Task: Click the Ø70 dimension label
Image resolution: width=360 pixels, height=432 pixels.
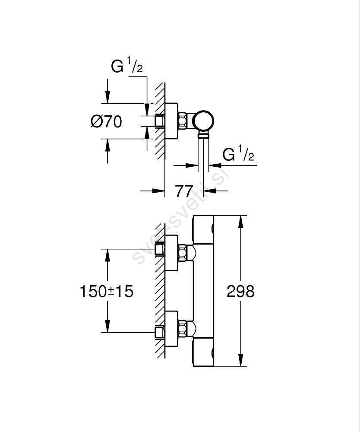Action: pos(107,122)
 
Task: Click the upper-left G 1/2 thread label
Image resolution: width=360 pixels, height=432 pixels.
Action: pos(127,67)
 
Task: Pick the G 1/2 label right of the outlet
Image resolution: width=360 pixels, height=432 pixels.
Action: pos(238,154)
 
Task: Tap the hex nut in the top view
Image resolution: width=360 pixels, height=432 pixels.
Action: pos(183,121)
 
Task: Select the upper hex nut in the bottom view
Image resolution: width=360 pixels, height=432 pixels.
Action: pos(183,252)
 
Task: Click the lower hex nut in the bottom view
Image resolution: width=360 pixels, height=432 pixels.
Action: pos(183,329)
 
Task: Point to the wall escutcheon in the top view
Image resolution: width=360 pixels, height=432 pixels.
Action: pos(171,121)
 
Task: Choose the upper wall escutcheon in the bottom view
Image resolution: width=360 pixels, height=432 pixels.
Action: pos(172,252)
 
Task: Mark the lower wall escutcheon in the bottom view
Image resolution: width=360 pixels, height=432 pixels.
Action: pos(172,329)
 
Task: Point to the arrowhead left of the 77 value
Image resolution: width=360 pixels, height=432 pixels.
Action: pos(159,191)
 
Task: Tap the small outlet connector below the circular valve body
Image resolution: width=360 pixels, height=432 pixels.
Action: pos(203,136)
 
